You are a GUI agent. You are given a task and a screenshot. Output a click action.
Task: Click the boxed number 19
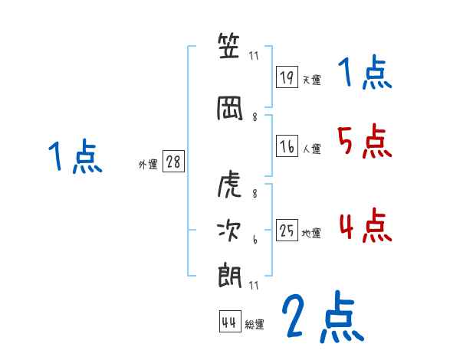(x=287, y=77)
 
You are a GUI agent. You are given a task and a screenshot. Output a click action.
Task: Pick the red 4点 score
(x=365, y=225)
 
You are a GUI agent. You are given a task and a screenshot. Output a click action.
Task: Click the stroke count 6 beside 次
(x=255, y=241)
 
